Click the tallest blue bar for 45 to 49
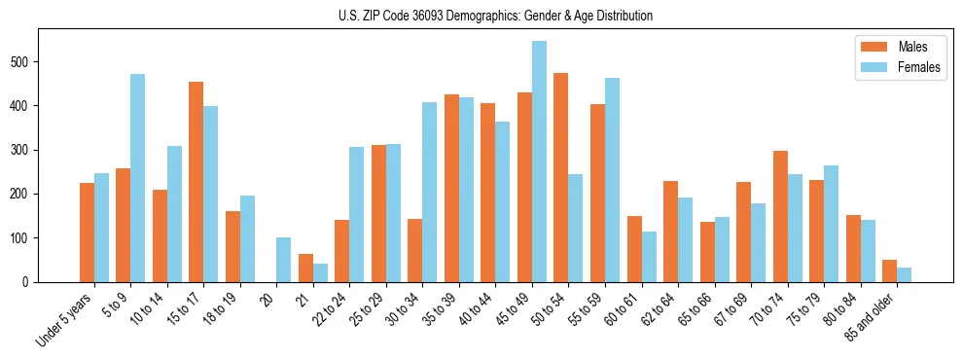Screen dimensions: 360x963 [539, 162]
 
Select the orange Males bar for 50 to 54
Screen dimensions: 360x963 [560, 177]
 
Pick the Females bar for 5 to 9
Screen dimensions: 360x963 [137, 178]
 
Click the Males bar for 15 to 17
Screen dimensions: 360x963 [196, 182]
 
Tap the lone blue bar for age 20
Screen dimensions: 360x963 [283, 260]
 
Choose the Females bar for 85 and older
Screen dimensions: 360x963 [904, 274]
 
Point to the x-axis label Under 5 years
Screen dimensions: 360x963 [66, 319]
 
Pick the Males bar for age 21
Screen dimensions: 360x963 [305, 268]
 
